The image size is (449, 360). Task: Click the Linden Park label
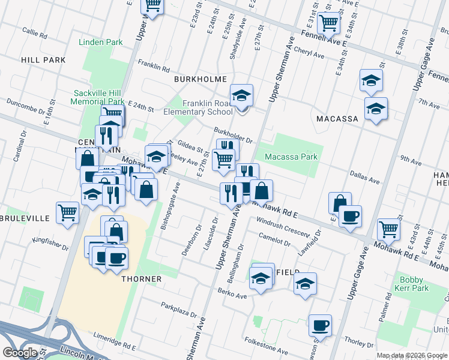pyautogui.click(x=100, y=43)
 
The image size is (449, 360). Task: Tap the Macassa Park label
pyautogui.click(x=291, y=157)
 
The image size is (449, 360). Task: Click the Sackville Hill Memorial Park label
pyautogui.click(x=97, y=97)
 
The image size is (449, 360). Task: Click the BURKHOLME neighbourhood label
pyautogui.click(x=200, y=79)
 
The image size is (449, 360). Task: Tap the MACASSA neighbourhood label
pyautogui.click(x=337, y=119)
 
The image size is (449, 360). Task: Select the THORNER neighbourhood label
pyautogui.click(x=141, y=279)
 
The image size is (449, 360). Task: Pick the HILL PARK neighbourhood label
pyautogui.click(x=43, y=60)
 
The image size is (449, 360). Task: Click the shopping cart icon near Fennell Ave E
pyautogui.click(x=328, y=23)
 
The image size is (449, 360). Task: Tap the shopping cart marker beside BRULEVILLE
pyautogui.click(x=67, y=212)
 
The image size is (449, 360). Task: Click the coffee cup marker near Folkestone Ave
pyautogui.click(x=320, y=325)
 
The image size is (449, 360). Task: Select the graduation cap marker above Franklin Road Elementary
pyautogui.click(x=241, y=95)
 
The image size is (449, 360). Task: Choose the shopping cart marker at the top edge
pyautogui.click(x=152, y=5)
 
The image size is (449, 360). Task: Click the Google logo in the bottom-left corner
pyautogui.click(x=19, y=353)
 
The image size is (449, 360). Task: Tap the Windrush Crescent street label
pyautogui.click(x=282, y=227)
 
